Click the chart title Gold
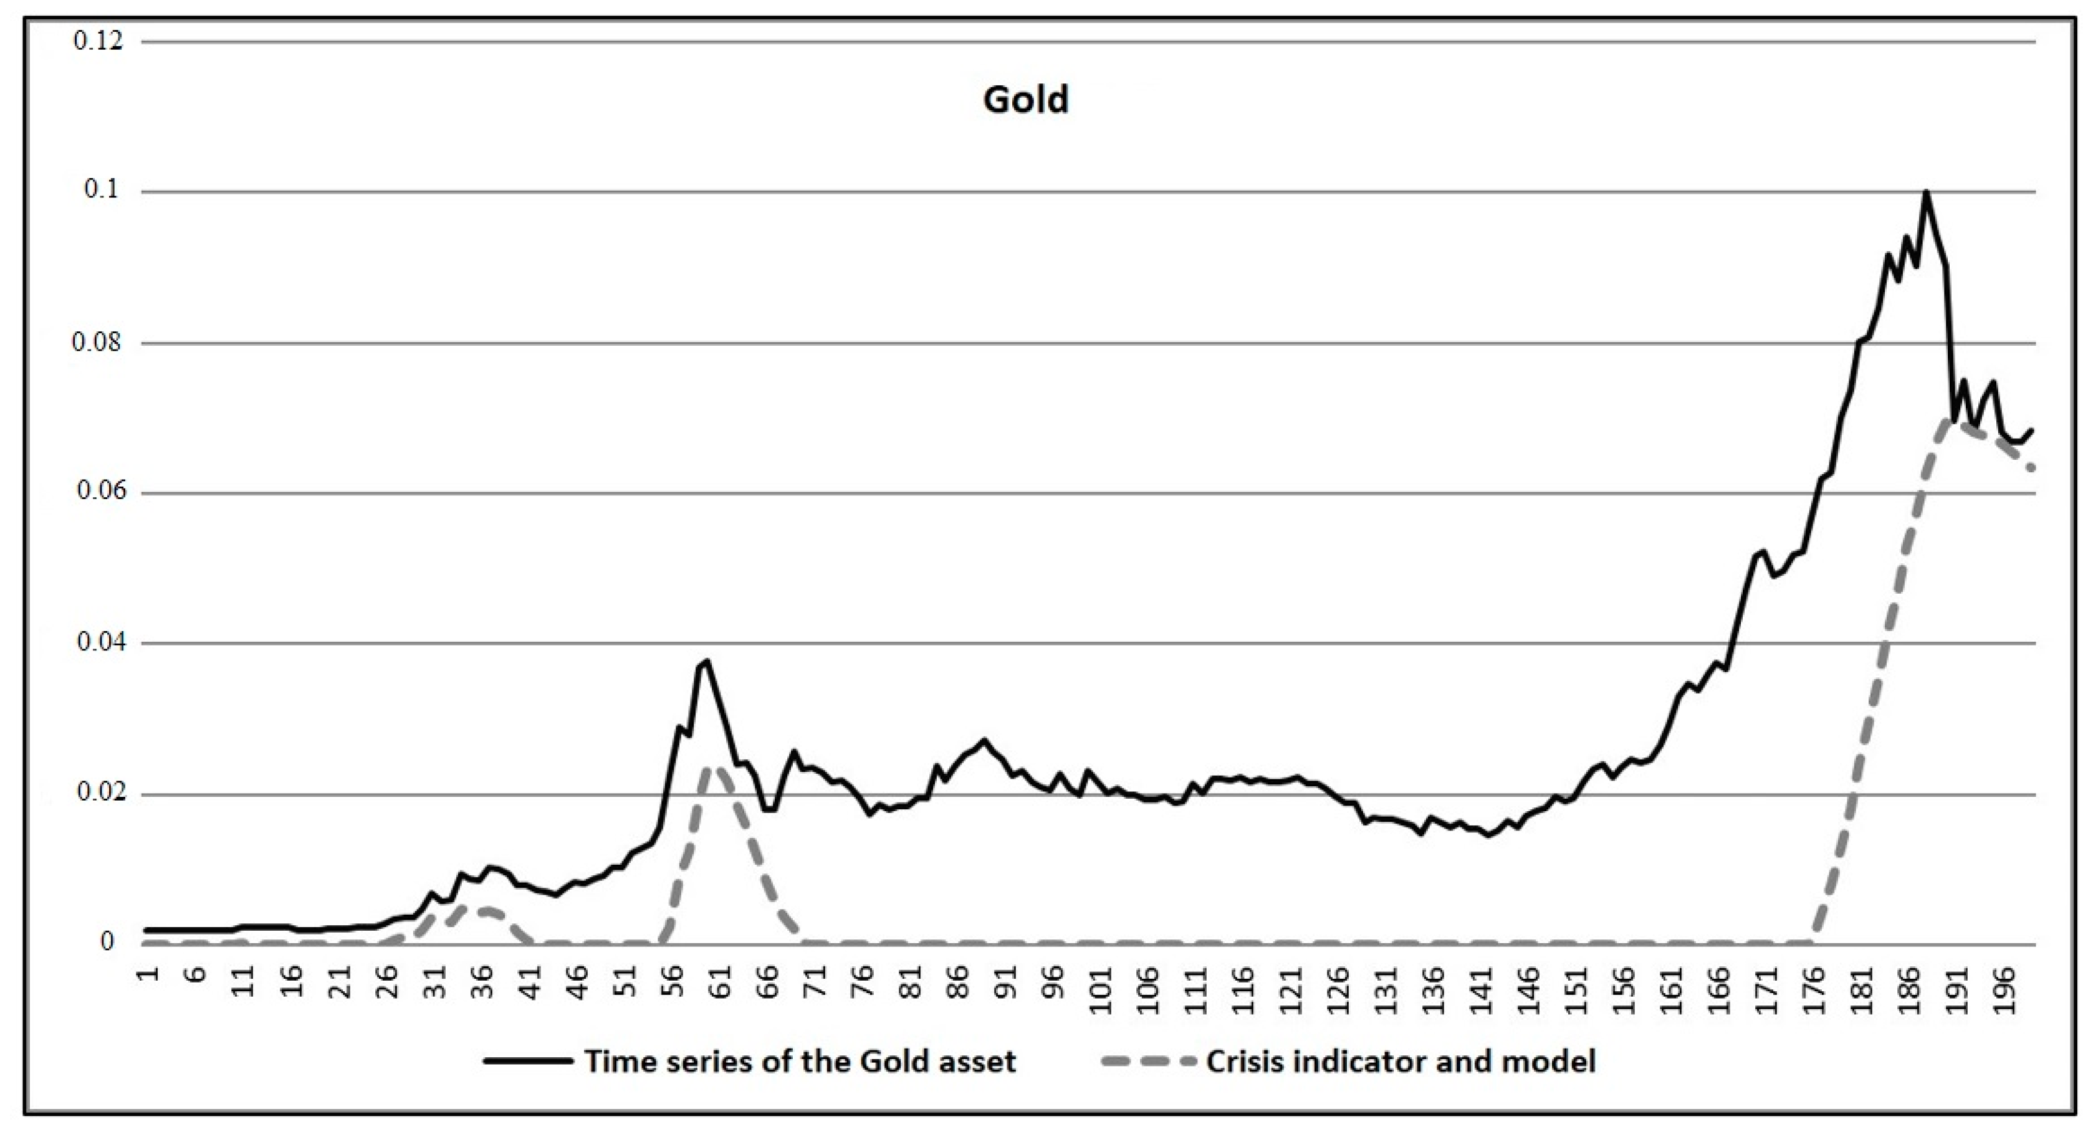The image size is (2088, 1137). (x=1025, y=100)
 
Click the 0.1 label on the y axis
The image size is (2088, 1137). (x=102, y=191)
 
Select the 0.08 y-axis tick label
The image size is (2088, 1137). (x=98, y=343)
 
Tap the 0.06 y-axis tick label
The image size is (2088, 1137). (x=98, y=493)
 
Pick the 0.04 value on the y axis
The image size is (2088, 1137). (x=98, y=644)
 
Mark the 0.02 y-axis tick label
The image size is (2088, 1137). (x=98, y=793)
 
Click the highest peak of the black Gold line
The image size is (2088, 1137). (x=1926, y=192)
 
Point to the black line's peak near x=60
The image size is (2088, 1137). (x=707, y=660)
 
